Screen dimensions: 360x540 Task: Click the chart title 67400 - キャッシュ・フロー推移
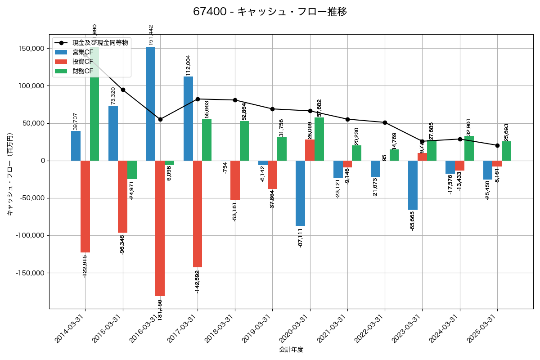270,12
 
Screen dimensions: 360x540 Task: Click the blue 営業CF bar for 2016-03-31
151,103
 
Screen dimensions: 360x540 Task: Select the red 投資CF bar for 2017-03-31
198,214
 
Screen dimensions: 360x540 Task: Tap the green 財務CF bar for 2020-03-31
319,139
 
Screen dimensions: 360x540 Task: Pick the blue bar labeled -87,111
300,193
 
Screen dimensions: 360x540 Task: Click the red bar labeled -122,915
85,207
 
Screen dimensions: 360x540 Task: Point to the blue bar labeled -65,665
413,185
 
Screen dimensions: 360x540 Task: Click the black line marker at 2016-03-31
160,119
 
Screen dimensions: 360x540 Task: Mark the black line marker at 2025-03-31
497,145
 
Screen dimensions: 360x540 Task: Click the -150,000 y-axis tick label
31,273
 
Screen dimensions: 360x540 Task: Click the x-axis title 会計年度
291,350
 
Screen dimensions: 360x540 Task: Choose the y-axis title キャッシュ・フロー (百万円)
10,174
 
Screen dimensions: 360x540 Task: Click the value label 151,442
151,35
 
